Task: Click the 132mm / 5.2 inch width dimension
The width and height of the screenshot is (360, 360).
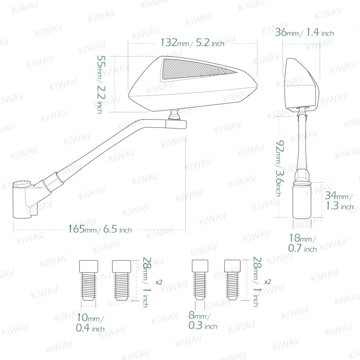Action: [x=192, y=43]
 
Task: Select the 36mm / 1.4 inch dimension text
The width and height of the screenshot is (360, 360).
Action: [x=304, y=33]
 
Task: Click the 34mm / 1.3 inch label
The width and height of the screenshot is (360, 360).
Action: [x=339, y=201]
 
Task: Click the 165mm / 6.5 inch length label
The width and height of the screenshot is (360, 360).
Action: [x=100, y=229]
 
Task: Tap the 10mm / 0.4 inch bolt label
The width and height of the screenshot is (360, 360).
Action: [x=90, y=323]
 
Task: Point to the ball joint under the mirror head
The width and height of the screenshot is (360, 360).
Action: [x=174, y=114]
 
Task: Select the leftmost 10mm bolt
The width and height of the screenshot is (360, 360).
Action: [x=89, y=281]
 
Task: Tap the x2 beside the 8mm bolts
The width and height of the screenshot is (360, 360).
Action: [x=268, y=282]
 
